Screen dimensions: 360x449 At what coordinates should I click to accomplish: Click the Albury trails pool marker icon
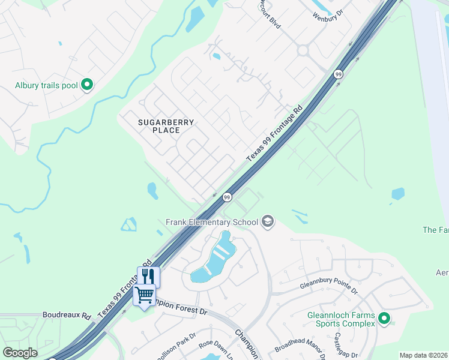[87, 85]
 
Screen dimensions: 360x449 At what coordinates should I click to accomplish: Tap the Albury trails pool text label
[46, 85]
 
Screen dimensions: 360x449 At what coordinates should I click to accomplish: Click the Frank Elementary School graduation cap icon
[268, 222]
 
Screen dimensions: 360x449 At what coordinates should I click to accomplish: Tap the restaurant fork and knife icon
[148, 276]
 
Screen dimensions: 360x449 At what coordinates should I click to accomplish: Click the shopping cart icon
[144, 295]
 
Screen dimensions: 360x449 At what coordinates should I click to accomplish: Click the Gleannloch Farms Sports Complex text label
[340, 319]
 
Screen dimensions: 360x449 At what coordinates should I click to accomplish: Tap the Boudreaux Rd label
[67, 315]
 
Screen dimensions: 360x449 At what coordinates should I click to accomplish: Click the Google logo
[20, 353]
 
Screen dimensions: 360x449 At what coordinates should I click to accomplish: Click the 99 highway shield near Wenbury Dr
[339, 74]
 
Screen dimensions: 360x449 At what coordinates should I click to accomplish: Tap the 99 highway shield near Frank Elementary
[227, 197]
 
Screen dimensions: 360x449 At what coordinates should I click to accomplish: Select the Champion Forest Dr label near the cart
[180, 308]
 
